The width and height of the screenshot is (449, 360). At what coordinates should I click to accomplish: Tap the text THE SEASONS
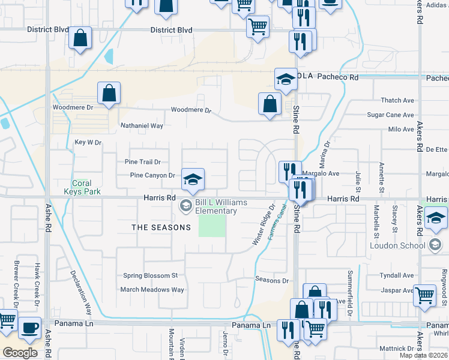pos(161,227)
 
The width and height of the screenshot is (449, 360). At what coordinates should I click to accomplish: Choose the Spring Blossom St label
pos(151,276)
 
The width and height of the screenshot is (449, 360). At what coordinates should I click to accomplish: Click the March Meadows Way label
pos(152,289)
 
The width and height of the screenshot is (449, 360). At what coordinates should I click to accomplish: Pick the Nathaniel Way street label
pos(142,126)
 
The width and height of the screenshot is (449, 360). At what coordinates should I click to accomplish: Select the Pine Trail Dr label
pos(143,162)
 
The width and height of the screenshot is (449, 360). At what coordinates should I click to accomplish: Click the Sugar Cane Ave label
pos(390,115)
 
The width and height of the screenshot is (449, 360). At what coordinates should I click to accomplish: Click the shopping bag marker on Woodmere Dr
pos(109,94)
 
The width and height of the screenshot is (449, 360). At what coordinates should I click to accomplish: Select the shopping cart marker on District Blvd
pos(258,26)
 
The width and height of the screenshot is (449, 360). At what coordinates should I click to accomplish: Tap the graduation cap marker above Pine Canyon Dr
pos(193,179)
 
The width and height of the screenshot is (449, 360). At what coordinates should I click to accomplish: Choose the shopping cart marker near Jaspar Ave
pos(424,295)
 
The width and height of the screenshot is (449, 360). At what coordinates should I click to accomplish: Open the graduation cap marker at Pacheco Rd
pos(286,79)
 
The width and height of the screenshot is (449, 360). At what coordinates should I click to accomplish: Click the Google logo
pos(20,353)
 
